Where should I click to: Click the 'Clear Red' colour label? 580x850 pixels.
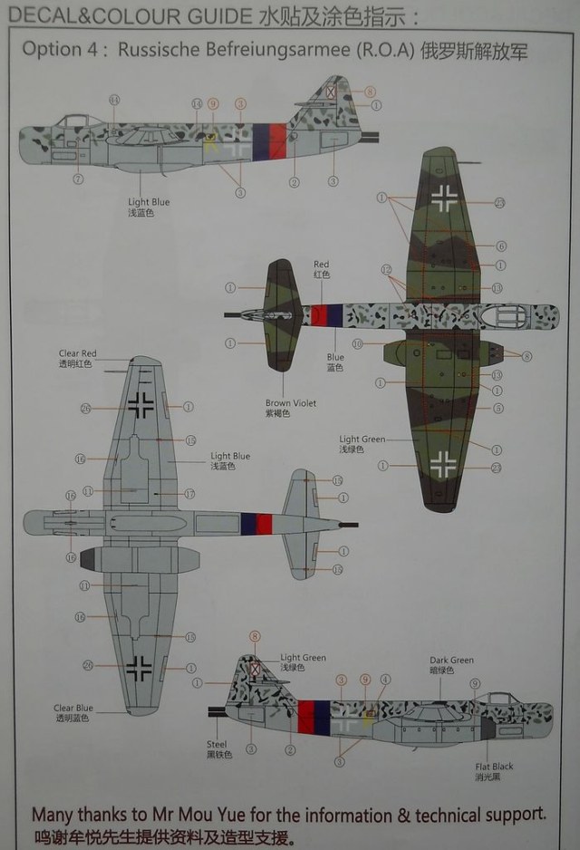77,353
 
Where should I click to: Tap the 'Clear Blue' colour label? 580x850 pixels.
72,709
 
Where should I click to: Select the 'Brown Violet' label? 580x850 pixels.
291,403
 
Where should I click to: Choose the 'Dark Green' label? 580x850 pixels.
451,661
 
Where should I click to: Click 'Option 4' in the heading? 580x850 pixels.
63,51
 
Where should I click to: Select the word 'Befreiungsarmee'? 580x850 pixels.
267,51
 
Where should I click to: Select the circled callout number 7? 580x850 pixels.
78,179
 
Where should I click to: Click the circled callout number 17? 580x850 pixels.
190,494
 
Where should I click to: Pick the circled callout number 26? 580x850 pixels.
86,408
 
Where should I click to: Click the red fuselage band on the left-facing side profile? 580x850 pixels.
277,137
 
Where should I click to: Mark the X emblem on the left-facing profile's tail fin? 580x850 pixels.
331,91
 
